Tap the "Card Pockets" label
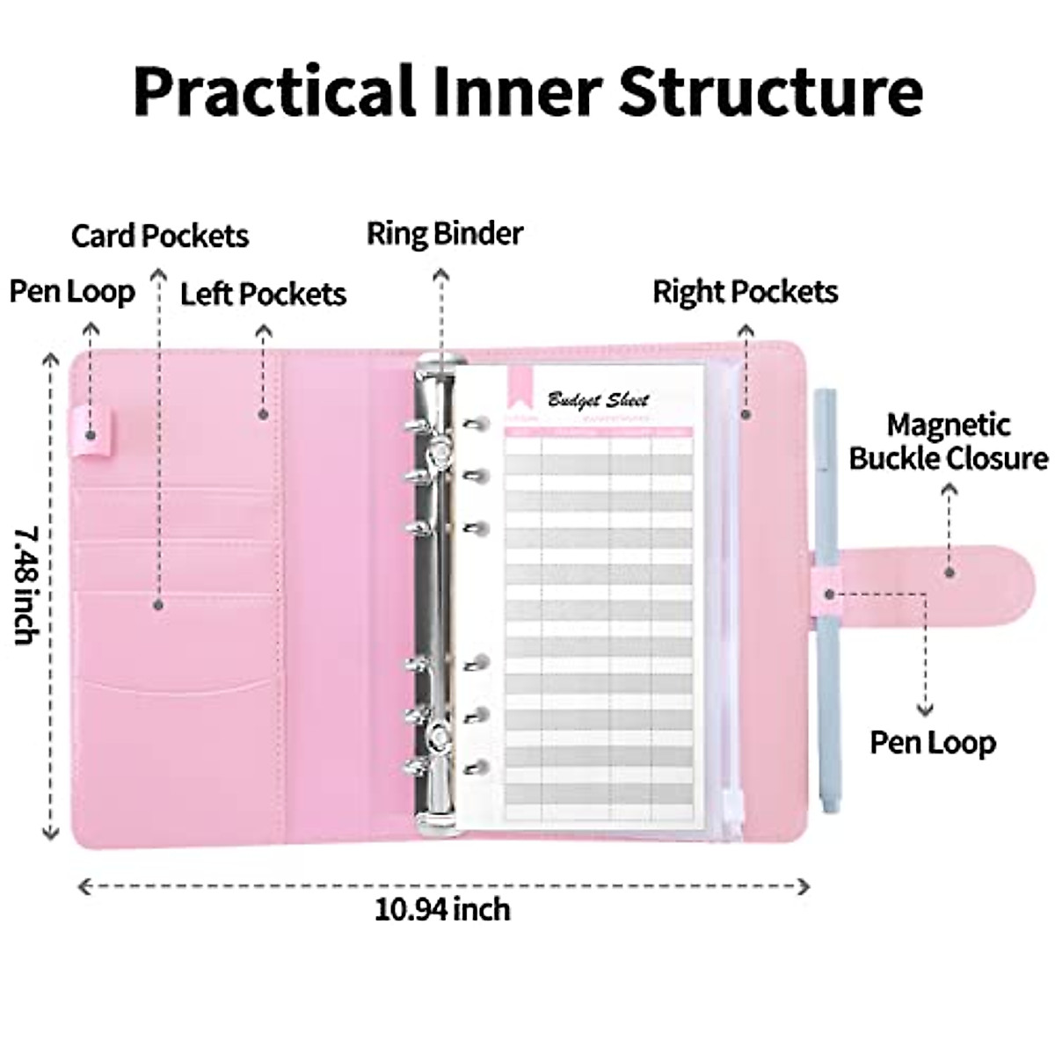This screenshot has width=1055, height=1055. (x=160, y=236)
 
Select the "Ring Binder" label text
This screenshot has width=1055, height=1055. (x=445, y=234)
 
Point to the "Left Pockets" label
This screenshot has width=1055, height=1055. (x=263, y=294)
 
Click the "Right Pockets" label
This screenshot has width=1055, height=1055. (x=745, y=292)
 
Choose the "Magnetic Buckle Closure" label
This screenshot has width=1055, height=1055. (x=949, y=441)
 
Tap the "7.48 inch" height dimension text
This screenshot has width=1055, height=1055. (x=26, y=586)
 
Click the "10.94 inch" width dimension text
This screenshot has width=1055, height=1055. (x=442, y=908)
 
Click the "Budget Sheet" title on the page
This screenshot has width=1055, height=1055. (x=599, y=400)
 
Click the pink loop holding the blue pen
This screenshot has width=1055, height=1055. (x=829, y=592)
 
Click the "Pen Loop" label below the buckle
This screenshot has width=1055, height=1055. (x=933, y=743)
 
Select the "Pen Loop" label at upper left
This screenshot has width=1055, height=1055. (x=73, y=292)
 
